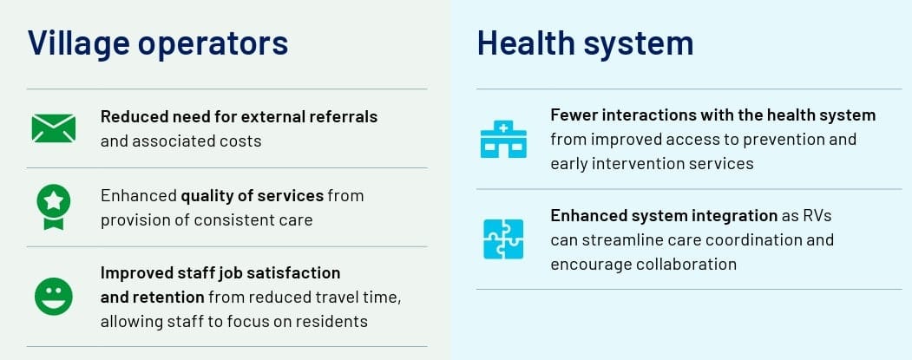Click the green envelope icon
click(54, 128)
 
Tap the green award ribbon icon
click(54, 207)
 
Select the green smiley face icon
click(54, 297)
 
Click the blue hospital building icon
click(503, 139)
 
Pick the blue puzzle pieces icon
click(503, 239)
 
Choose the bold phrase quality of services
click(252, 196)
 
